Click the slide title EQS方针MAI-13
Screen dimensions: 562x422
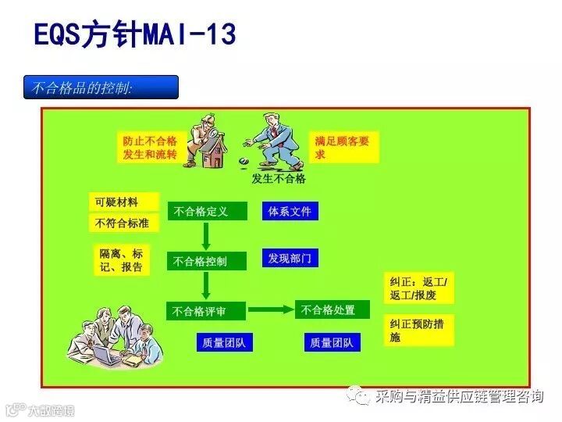(135, 34)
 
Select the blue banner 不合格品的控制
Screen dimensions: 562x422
(101, 88)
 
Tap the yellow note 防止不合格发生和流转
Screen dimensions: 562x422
(150, 148)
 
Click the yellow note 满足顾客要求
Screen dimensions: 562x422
(343, 147)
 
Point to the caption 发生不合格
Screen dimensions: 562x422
(279, 178)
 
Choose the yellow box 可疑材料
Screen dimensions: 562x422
(123, 202)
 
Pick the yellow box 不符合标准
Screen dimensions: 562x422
(123, 224)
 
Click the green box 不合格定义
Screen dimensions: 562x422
(207, 211)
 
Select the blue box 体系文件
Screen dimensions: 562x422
(290, 211)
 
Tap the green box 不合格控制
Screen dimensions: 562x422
(207, 261)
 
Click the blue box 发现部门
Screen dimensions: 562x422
(290, 258)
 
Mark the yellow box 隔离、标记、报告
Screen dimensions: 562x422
(122, 260)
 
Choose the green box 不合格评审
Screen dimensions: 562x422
(206, 311)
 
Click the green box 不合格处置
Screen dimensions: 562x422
(333, 309)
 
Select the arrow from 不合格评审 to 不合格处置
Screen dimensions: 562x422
(271, 309)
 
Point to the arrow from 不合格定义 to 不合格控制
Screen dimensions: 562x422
(206, 236)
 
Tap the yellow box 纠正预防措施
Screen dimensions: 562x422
(418, 331)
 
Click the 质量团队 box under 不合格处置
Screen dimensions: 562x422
(333, 342)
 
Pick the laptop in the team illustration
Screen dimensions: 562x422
(108, 353)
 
